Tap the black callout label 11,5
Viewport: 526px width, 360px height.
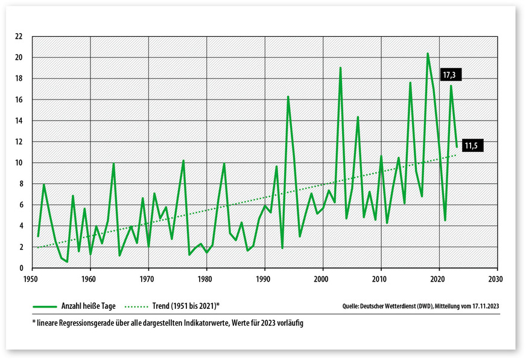[473, 145]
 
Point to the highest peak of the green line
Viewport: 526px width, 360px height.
[428, 54]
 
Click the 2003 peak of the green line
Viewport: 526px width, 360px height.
[340, 68]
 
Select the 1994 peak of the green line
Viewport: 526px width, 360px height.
[288, 96]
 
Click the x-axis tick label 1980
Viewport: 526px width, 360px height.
[205, 279]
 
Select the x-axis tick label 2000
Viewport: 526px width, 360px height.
[322, 279]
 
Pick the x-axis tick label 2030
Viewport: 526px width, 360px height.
[496, 279]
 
